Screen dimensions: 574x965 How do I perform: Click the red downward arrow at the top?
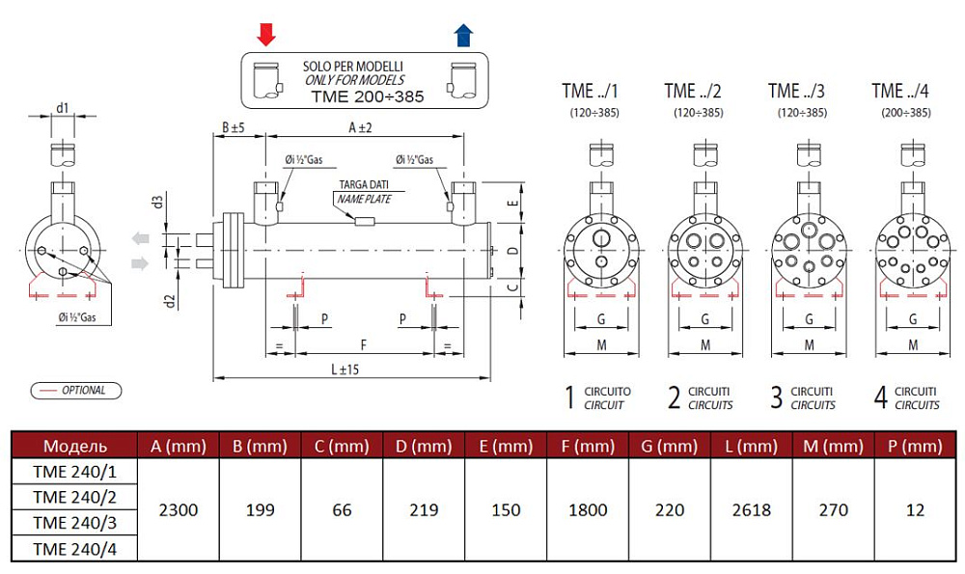266,35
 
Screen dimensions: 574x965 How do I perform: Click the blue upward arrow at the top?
463,35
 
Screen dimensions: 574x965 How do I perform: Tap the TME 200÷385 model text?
368,96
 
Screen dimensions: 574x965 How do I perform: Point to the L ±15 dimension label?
345,369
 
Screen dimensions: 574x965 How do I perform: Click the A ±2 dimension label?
359,127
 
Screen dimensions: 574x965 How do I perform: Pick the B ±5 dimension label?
233,127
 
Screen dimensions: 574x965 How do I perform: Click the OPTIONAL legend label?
82,391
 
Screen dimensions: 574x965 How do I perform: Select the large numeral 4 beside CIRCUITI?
880,397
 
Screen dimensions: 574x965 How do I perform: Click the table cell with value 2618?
752,509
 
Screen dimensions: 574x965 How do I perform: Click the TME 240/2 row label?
73,497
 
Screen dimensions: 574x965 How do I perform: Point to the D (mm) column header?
423,446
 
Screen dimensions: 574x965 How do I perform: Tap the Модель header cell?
74,446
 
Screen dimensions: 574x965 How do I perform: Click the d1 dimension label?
62,107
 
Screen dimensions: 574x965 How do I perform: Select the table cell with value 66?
342,509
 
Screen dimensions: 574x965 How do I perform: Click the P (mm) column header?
915,446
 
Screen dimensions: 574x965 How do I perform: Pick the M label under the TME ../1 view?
600,344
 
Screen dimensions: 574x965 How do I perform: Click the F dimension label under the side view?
363,343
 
